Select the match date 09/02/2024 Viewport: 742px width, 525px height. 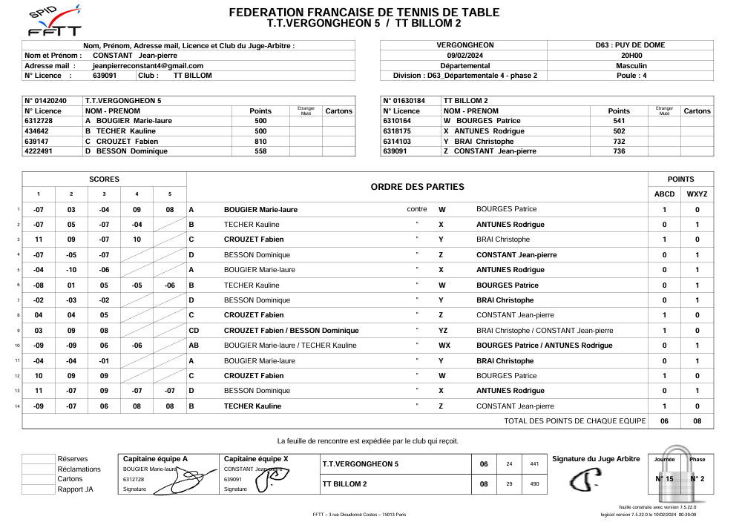pyautogui.click(x=464, y=55)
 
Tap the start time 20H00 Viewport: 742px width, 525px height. pyautogui.click(x=631, y=55)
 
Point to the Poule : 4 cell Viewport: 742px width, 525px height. pyautogui.click(x=631, y=75)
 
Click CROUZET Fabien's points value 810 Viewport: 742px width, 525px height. pyautogui.click(x=260, y=141)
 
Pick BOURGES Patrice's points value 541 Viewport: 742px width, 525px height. pyautogui.click(x=619, y=121)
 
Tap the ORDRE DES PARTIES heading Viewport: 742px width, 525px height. pyautogui.click(x=417, y=187)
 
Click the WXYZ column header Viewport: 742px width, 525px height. pyautogui.click(x=697, y=194)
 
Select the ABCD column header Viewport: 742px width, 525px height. pyautogui.click(x=664, y=194)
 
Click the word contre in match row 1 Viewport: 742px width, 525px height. pyautogui.click(x=417, y=210)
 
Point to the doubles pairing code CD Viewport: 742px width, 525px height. pyautogui.click(x=194, y=331)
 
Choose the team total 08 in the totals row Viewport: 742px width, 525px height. pyautogui.click(x=697, y=421)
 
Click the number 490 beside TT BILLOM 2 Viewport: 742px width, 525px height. pyautogui.click(x=533, y=484)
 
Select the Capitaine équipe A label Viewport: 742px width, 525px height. pyautogui.click(x=155, y=459)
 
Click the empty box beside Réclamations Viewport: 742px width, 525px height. pyautogui.click(x=39, y=469)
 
